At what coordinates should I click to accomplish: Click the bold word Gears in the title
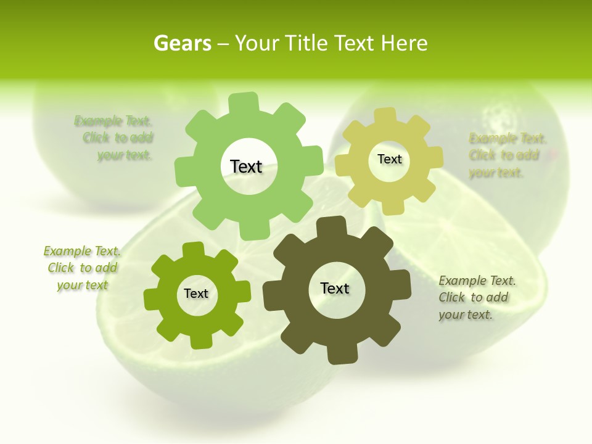pyautogui.click(x=182, y=44)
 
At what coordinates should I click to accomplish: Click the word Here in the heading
pyautogui.click(x=405, y=43)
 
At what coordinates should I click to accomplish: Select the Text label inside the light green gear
pyautogui.click(x=246, y=166)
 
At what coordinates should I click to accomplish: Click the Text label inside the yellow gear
pyautogui.click(x=389, y=159)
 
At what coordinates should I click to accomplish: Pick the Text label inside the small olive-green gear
pyautogui.click(x=196, y=294)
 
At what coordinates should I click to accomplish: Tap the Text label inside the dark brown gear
pyautogui.click(x=335, y=289)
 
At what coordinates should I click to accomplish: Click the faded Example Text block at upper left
pyautogui.click(x=114, y=138)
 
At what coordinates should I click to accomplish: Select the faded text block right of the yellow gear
pyautogui.click(x=507, y=155)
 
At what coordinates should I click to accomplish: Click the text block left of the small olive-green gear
pyautogui.click(x=82, y=268)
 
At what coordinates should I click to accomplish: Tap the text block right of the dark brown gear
pyautogui.click(x=477, y=298)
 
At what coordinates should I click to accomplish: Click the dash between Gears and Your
pyautogui.click(x=223, y=44)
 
